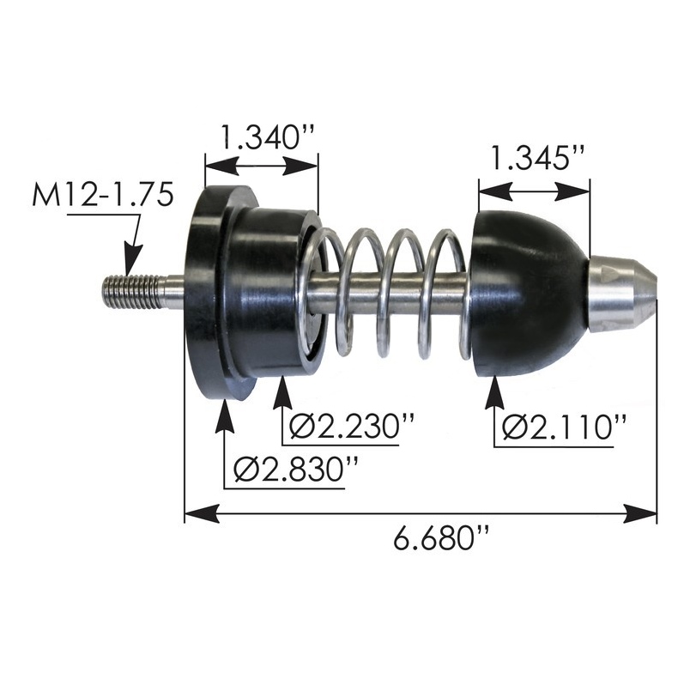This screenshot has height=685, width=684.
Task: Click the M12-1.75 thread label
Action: coord(102,197)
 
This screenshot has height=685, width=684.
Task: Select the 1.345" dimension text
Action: coord(536,158)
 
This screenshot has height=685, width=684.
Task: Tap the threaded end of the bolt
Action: coord(132,291)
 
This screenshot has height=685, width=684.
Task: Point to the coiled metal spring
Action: coord(395,292)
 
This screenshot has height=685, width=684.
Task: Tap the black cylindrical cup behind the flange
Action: coord(270,292)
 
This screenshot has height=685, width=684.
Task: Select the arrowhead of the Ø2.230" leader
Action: coord(283,394)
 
